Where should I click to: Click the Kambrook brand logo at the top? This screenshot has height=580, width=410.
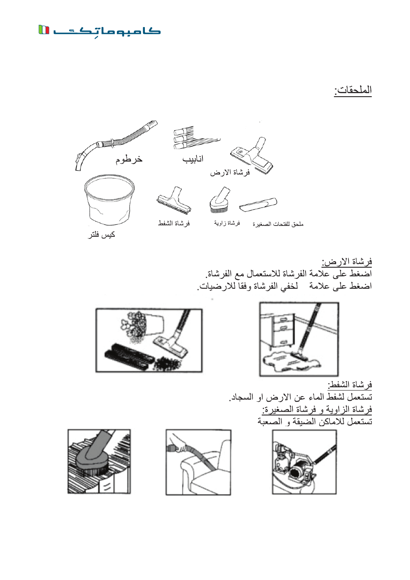point(100,31)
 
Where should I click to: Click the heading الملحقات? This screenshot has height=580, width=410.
point(353,90)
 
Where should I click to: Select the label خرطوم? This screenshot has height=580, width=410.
point(129,159)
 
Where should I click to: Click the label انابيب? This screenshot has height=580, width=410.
point(193,159)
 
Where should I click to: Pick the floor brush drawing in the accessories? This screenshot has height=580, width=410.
point(252,156)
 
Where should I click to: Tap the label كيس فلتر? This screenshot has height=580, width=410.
point(102,235)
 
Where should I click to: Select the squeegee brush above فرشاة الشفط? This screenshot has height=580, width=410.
point(174,201)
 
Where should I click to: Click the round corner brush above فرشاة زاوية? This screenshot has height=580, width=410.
point(220,200)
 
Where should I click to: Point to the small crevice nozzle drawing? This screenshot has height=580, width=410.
point(258,205)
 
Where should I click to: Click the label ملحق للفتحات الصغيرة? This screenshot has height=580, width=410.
point(278,224)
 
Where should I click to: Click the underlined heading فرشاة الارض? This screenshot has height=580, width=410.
point(347,261)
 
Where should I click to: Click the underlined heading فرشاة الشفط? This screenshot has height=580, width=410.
point(350,384)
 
